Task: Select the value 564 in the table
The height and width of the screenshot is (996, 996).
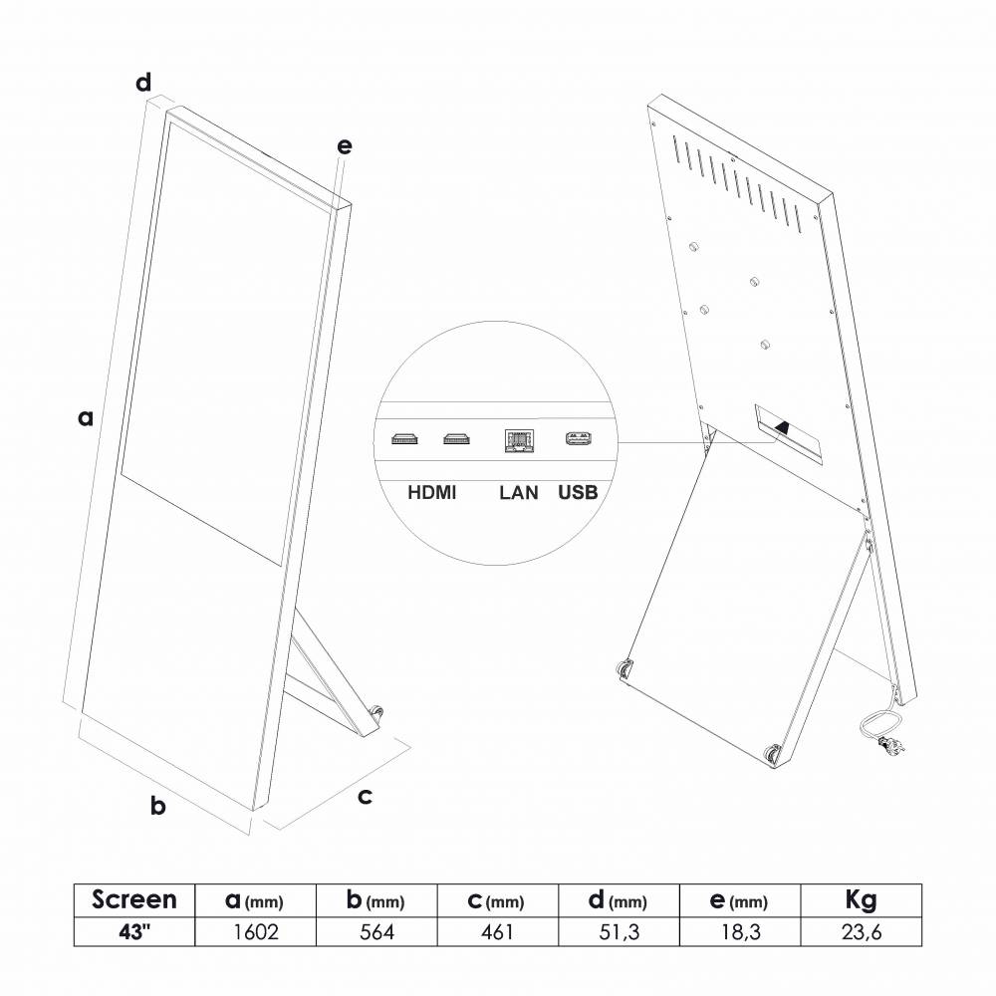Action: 376,932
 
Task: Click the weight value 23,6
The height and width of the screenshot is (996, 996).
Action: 861,932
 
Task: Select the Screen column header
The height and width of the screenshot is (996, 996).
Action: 133,900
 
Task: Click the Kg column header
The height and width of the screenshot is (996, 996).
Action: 861,900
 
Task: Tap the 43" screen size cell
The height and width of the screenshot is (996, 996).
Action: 133,932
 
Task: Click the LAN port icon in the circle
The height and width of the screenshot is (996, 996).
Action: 519,440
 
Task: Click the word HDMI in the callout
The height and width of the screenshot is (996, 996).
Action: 432,492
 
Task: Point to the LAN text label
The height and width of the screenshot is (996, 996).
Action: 518,492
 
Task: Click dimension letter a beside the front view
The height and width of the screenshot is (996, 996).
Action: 87,418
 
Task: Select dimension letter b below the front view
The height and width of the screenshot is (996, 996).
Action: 157,805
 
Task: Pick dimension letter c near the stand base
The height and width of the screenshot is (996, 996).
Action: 365,795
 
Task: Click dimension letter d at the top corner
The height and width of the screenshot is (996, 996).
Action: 144,81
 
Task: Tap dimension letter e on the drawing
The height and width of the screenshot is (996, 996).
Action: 345,146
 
